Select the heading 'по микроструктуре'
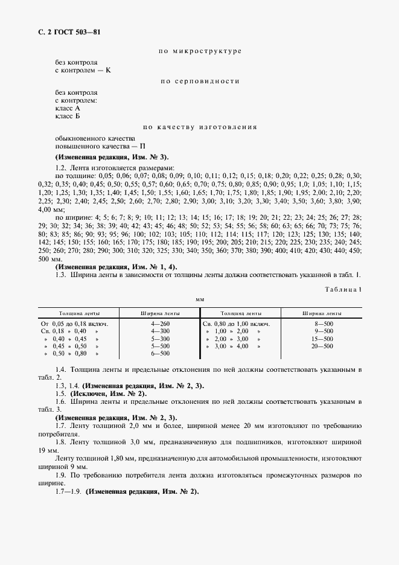199,53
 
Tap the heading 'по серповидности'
199,81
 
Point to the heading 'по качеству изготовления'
199,127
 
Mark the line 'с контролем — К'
83,70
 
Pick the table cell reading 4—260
160,324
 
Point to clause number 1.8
60,442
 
